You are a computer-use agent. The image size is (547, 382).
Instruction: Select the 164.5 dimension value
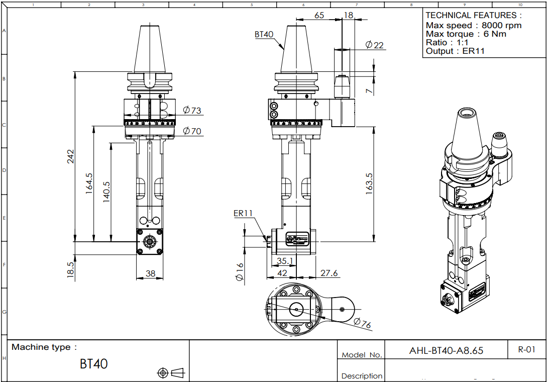click(89, 183)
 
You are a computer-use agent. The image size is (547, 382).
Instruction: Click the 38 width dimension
click(150, 274)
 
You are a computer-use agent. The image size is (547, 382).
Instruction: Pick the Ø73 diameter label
click(192, 110)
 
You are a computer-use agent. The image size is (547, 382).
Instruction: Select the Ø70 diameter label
click(192, 131)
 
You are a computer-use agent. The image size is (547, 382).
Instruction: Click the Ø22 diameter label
click(374, 45)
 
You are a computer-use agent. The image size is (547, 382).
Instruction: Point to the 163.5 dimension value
click(369, 184)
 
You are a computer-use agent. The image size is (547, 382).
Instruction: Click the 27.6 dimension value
click(329, 273)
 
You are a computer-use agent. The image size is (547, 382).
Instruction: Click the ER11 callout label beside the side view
click(243, 213)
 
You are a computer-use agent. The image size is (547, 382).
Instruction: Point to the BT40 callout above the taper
click(264, 34)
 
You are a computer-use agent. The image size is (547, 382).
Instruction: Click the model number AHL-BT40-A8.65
click(446, 350)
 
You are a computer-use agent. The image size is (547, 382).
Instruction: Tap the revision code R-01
click(526, 349)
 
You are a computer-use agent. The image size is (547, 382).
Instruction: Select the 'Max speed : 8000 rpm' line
click(473, 25)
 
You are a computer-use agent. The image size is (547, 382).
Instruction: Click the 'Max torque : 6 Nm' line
click(466, 34)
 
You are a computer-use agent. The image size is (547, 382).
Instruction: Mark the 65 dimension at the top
click(319, 15)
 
